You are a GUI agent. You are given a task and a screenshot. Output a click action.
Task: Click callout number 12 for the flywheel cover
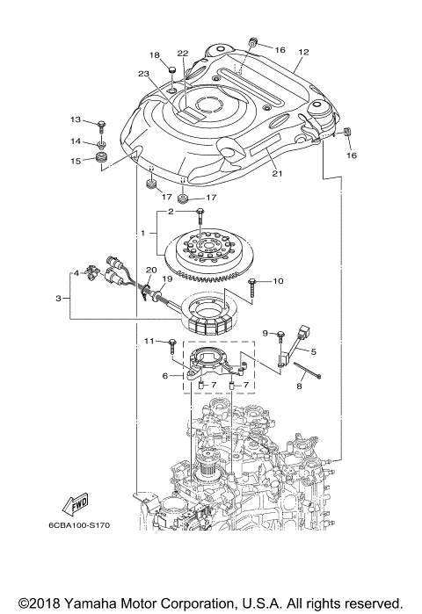[x=303, y=52]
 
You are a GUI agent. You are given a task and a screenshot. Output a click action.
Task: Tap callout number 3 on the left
[x=58, y=299]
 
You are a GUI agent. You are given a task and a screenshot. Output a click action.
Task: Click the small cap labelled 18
[x=172, y=71]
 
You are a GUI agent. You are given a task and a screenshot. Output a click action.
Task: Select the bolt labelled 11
[x=172, y=342]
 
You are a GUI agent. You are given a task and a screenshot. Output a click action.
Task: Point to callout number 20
[x=150, y=270]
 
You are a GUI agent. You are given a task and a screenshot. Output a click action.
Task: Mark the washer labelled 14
[x=103, y=142]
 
